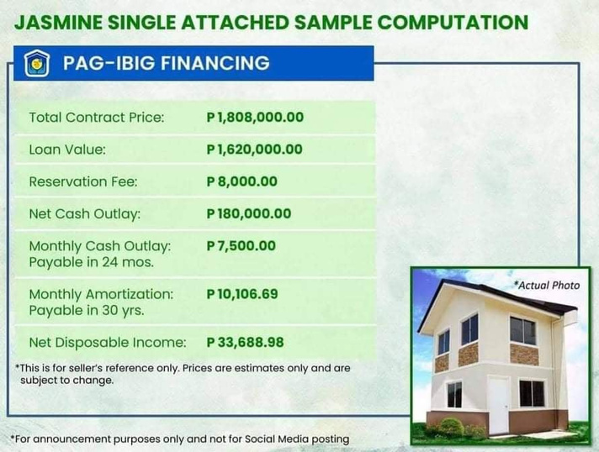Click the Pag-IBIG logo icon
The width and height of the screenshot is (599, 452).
click(x=37, y=63)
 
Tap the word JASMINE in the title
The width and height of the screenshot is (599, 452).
click(x=58, y=22)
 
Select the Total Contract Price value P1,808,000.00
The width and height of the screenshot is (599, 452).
click(x=255, y=117)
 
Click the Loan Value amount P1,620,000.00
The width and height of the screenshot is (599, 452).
click(x=254, y=150)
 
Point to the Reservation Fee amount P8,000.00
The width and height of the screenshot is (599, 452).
click(x=241, y=181)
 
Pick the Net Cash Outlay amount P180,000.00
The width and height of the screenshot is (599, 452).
click(x=249, y=213)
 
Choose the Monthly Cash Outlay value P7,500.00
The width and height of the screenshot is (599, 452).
click(x=241, y=245)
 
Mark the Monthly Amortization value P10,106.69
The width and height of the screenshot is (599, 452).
click(x=242, y=294)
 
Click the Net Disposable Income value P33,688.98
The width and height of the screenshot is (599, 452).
click(x=245, y=342)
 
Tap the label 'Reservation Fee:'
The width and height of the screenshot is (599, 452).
click(x=83, y=181)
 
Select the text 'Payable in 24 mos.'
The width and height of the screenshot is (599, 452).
click(x=92, y=262)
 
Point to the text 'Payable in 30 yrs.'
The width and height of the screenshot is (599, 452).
click(x=87, y=311)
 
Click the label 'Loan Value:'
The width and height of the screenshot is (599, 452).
click(x=67, y=150)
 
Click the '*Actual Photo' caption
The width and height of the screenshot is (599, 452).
click(x=547, y=286)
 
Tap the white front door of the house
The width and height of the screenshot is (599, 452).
click(x=498, y=405)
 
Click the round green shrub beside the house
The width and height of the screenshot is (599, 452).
click(x=452, y=427)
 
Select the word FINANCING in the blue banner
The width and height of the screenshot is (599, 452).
click(x=215, y=63)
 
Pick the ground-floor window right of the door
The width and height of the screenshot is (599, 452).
click(x=532, y=393)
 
